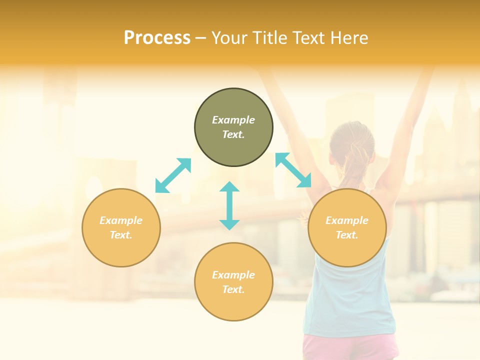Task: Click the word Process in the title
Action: click(x=157, y=38)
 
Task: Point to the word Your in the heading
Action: click(x=228, y=38)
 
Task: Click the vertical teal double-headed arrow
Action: click(x=229, y=205)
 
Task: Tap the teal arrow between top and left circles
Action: click(x=173, y=175)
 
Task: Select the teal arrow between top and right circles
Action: click(x=293, y=170)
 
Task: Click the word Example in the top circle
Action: click(x=233, y=120)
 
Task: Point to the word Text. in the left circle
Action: click(x=121, y=235)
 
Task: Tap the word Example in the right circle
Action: click(x=347, y=220)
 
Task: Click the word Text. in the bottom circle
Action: click(x=233, y=289)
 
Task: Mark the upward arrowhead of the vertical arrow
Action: click(x=229, y=187)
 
